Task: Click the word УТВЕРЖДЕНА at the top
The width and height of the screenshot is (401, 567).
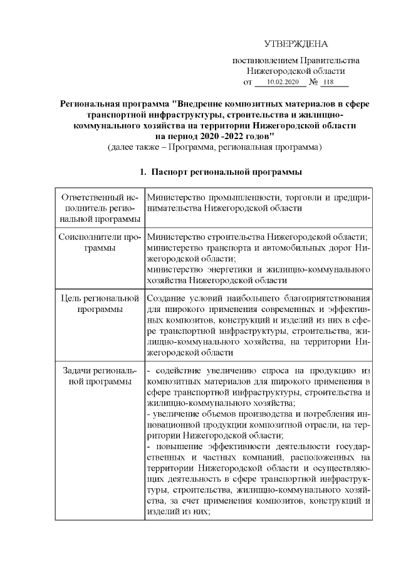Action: pos(296,44)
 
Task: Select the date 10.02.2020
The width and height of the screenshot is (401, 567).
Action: pos(283,82)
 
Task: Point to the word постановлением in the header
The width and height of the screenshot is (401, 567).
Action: pos(264,61)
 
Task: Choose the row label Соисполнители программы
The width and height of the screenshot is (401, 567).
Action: pos(100,242)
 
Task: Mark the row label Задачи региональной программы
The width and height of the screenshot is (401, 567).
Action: pos(100,373)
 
